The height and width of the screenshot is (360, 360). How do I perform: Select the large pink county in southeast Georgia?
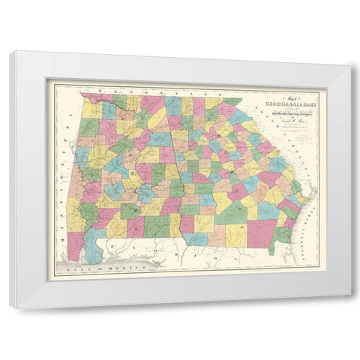click(x=262, y=229)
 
